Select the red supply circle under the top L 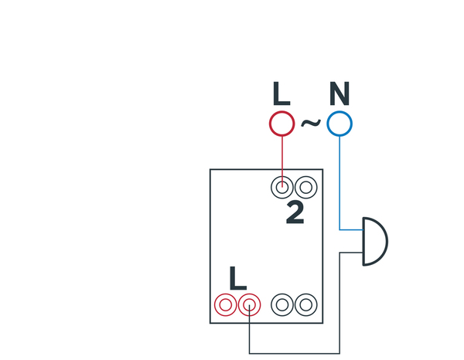(281, 124)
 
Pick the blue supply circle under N (339, 124)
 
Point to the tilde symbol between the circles (310, 123)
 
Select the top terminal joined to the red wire (283, 187)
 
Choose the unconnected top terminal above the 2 (305, 187)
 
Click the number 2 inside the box (295, 212)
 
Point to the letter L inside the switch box (237, 278)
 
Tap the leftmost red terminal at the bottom (225, 304)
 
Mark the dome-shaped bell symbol (374, 241)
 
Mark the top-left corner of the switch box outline (210, 170)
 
